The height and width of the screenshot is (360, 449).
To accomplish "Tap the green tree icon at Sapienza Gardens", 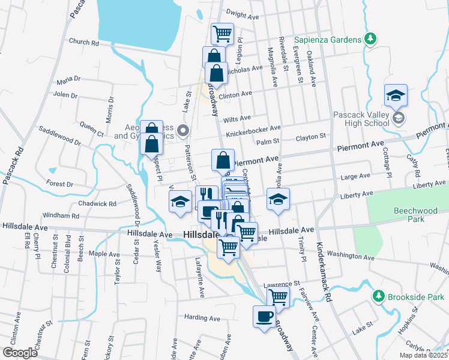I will coord(371,40).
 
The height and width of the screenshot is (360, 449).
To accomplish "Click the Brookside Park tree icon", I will coord(378,296).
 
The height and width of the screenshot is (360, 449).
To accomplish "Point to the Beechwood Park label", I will coord(414,216).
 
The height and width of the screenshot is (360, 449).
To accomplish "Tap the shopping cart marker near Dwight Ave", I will coord(222,34).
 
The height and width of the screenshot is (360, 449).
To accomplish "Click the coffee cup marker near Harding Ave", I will coord(264,316).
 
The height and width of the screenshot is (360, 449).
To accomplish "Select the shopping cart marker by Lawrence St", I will coord(278,296).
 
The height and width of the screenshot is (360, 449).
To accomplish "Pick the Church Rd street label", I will coord(83,43).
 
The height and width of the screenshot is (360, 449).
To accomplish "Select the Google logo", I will coord(20,353).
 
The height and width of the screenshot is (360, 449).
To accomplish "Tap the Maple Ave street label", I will coord(104,254).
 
